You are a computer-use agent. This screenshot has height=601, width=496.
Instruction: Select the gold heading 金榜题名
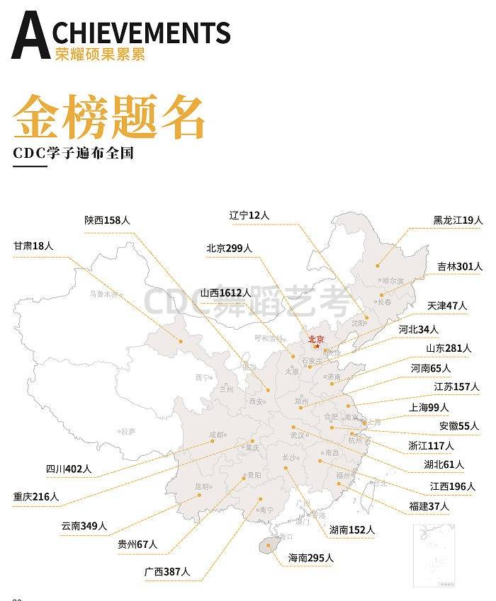point(108,115)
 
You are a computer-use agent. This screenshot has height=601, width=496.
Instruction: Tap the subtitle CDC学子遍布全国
point(72,152)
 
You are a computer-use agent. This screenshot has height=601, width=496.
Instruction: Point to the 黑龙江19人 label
point(458,220)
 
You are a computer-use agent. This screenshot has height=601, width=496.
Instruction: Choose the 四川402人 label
point(69,469)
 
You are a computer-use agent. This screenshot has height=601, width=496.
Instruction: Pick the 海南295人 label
point(310,558)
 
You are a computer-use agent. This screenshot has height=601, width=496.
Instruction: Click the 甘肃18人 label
point(33,246)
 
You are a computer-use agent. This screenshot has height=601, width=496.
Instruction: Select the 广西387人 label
point(167,571)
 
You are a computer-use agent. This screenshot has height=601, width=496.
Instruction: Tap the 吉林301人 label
point(459,267)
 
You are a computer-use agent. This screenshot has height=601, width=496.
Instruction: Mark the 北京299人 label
point(229,248)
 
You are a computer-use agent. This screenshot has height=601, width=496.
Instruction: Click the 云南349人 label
point(84,526)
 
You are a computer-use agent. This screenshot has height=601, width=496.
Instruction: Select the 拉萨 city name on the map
point(128,430)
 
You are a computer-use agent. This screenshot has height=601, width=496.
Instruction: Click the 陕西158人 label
point(107,220)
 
